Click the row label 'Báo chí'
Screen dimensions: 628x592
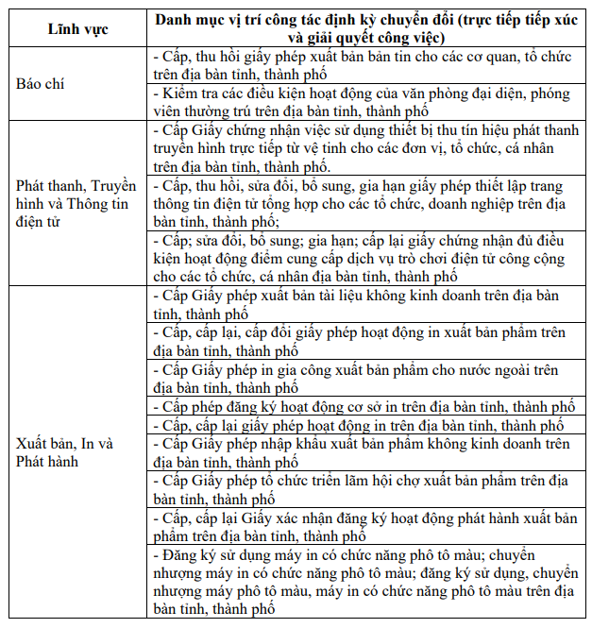[x=41, y=83]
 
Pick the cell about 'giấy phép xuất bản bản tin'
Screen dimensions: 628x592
[x=367, y=65]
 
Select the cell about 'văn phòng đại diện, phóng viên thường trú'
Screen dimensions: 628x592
[x=367, y=102]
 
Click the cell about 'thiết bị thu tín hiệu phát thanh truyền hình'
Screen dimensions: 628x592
[x=367, y=147]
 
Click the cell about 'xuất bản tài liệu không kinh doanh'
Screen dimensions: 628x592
[x=367, y=305]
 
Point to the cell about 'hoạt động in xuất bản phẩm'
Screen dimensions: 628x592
[x=367, y=342]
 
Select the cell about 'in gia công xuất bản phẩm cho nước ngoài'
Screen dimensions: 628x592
[x=367, y=379]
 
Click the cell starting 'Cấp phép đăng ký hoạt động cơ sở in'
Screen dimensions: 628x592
[x=367, y=407]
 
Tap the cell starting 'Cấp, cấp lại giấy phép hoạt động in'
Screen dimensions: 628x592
[x=367, y=426]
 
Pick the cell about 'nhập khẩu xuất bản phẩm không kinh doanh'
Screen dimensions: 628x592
[x=367, y=452]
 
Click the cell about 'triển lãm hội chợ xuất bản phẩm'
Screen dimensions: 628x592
[x=367, y=490]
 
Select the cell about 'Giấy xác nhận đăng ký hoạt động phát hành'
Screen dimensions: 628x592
[x=367, y=527]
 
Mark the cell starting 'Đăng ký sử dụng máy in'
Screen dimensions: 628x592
[x=367, y=582]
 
